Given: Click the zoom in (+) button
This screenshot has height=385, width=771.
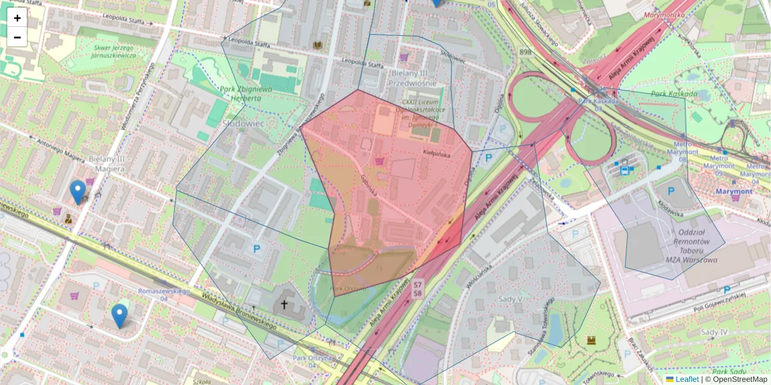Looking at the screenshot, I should point(17,18).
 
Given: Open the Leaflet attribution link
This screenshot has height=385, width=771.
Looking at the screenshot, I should point(686,379).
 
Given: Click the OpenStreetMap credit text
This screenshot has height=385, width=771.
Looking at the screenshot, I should point(739,379).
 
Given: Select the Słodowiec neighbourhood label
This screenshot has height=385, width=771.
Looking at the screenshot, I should point(244,123).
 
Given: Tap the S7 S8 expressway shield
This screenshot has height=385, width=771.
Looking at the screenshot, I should point(418,288).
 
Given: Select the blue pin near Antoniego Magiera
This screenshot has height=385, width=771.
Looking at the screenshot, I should point(78,191).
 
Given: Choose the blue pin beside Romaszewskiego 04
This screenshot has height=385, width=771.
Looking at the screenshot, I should point(119,314).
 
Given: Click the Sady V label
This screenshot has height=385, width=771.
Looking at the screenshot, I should point(511,298).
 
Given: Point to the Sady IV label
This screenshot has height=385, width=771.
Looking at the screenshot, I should point(714,332).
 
